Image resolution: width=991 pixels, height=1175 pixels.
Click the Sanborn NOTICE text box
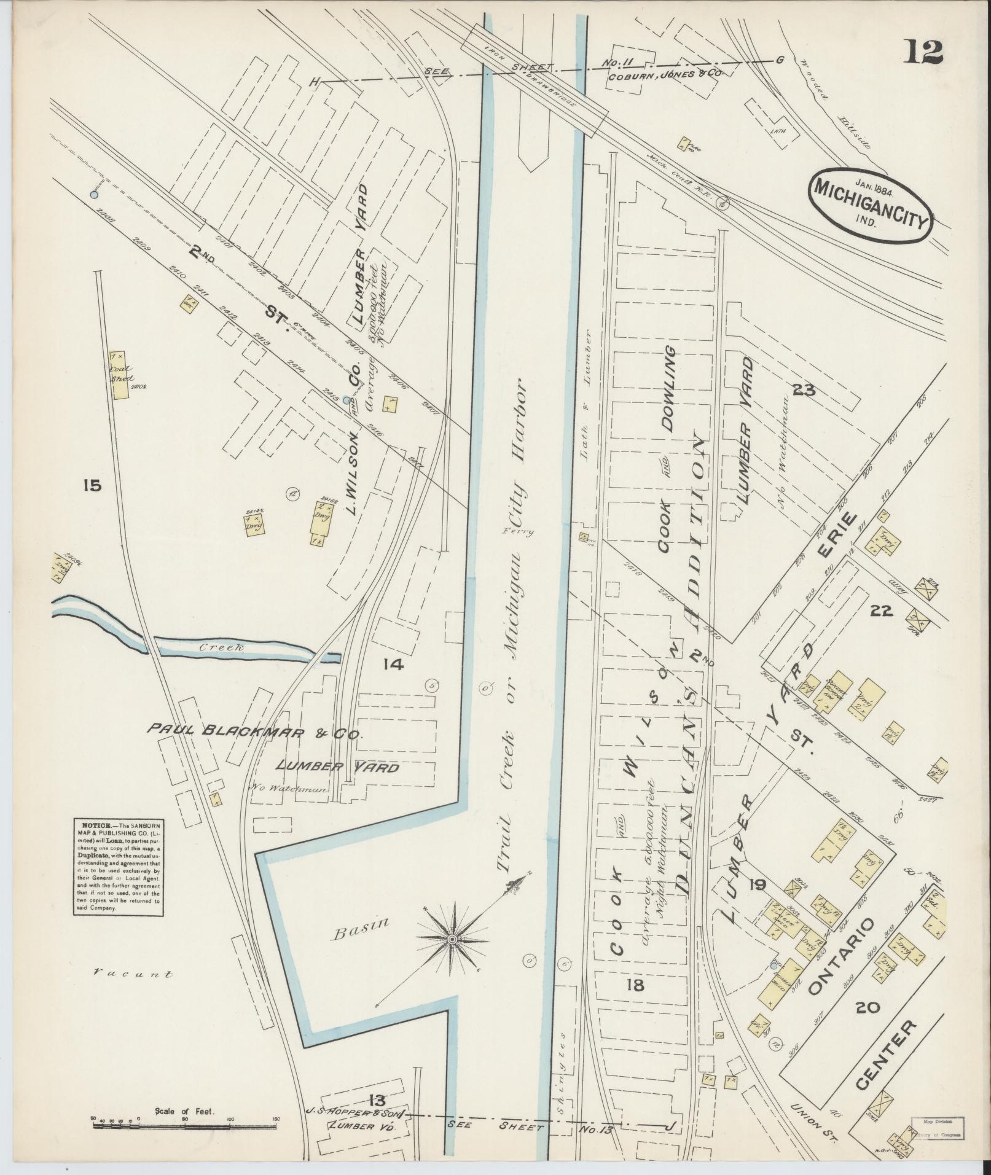(117, 867)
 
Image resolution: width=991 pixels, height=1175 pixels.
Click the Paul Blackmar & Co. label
(255, 732)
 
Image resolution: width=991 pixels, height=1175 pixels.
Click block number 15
(92, 486)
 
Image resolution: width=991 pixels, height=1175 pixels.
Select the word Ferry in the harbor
(517, 532)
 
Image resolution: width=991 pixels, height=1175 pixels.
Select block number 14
(392, 663)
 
